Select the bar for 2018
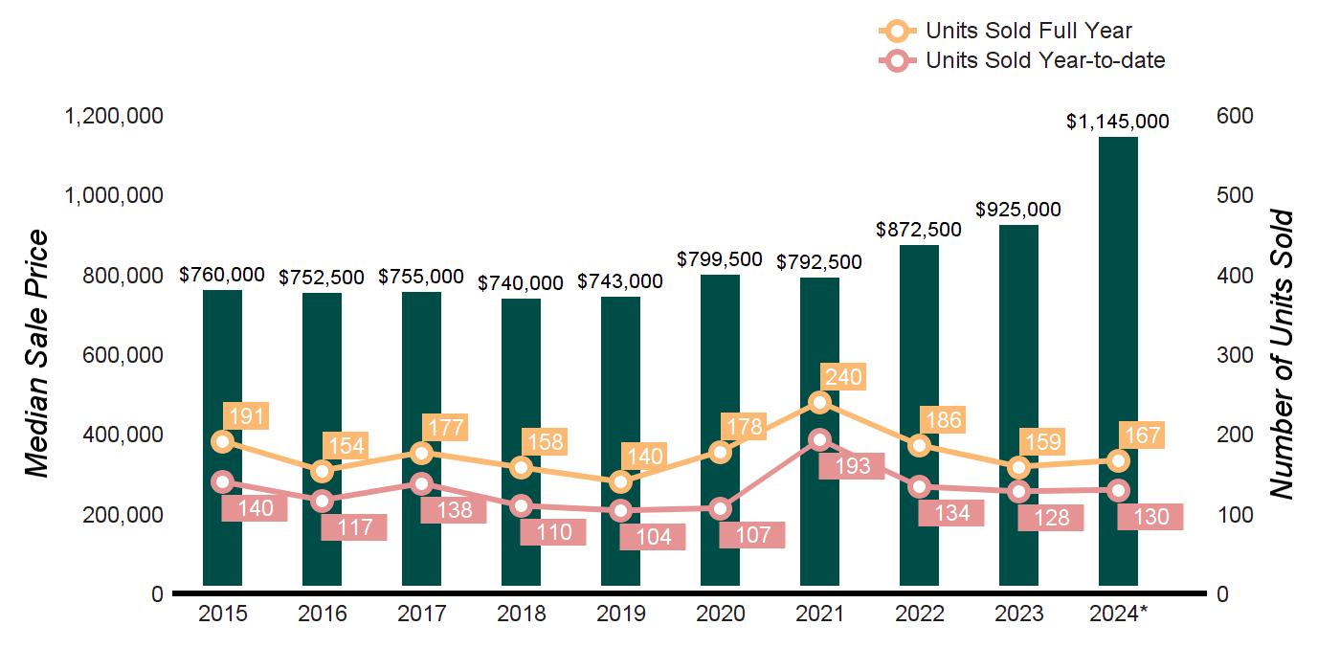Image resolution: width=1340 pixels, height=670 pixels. [x=521, y=441]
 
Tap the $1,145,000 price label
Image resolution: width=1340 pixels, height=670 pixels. [x=1118, y=122]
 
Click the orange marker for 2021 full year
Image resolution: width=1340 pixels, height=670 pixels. [x=819, y=402]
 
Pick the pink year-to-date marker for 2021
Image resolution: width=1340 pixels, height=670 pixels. [x=819, y=440]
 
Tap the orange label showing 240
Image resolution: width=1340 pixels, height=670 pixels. [x=843, y=377]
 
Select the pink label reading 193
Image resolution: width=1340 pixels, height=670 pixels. [x=852, y=466]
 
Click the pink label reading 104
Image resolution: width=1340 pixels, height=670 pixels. [x=653, y=536]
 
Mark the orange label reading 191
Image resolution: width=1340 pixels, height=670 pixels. [x=245, y=416]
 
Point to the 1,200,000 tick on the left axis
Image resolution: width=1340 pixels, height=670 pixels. [x=113, y=116]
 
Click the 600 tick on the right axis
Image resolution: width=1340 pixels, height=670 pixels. [x=1236, y=116]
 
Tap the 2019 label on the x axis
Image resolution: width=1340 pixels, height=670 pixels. [x=620, y=614]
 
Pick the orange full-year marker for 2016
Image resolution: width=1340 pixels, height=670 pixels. [x=322, y=471]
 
